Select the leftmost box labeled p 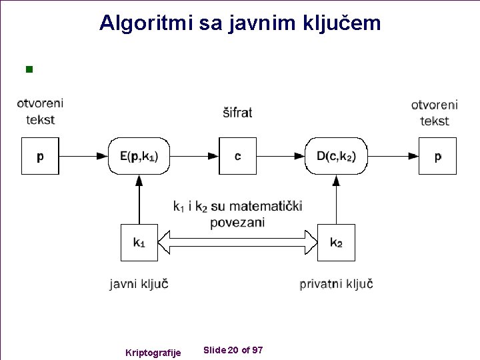pos(40,156)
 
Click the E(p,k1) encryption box pos(139,156)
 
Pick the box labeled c pos(237,156)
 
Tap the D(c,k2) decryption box pos(336,156)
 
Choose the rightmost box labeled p pos(437,156)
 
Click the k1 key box pos(139,243)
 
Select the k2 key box pos(336,243)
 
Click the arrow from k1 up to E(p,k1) pos(139,200)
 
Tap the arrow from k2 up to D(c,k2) pos(336,200)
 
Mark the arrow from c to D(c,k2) pos(281,156)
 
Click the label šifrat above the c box pos(237,113)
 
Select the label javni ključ pos(139,284)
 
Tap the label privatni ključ pos(336,284)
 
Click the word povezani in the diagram pos(237,223)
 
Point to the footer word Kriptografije pos(153,353)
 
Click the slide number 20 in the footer pos(233,350)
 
